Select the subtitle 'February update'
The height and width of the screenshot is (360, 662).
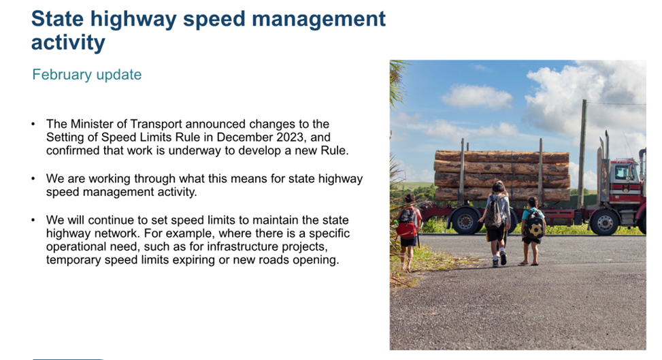click(x=87, y=75)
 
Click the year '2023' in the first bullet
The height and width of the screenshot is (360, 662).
click(x=290, y=137)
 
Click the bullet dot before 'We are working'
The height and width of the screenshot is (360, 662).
click(x=33, y=179)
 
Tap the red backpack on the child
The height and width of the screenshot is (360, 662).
click(x=406, y=223)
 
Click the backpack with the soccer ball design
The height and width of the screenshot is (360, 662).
click(x=534, y=225)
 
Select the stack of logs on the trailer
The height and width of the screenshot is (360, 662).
click(x=502, y=175)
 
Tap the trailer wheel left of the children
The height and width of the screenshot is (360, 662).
click(x=465, y=220)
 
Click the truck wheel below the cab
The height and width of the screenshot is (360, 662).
click(x=605, y=223)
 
